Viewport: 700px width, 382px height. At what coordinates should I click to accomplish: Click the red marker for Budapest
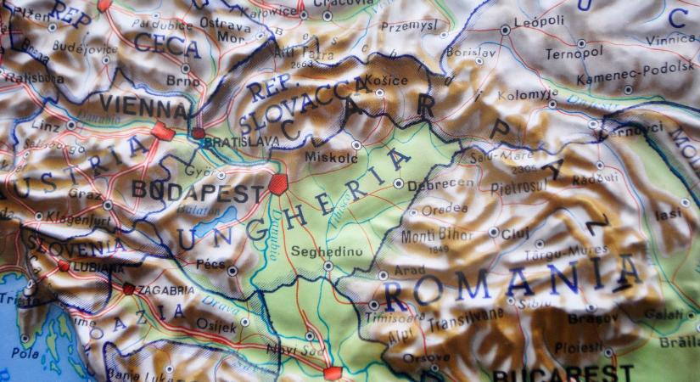(277, 183)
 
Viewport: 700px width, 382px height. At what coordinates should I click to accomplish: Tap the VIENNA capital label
(144, 108)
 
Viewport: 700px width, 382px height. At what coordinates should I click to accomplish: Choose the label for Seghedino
(320, 251)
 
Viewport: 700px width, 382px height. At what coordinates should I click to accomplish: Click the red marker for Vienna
(164, 132)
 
